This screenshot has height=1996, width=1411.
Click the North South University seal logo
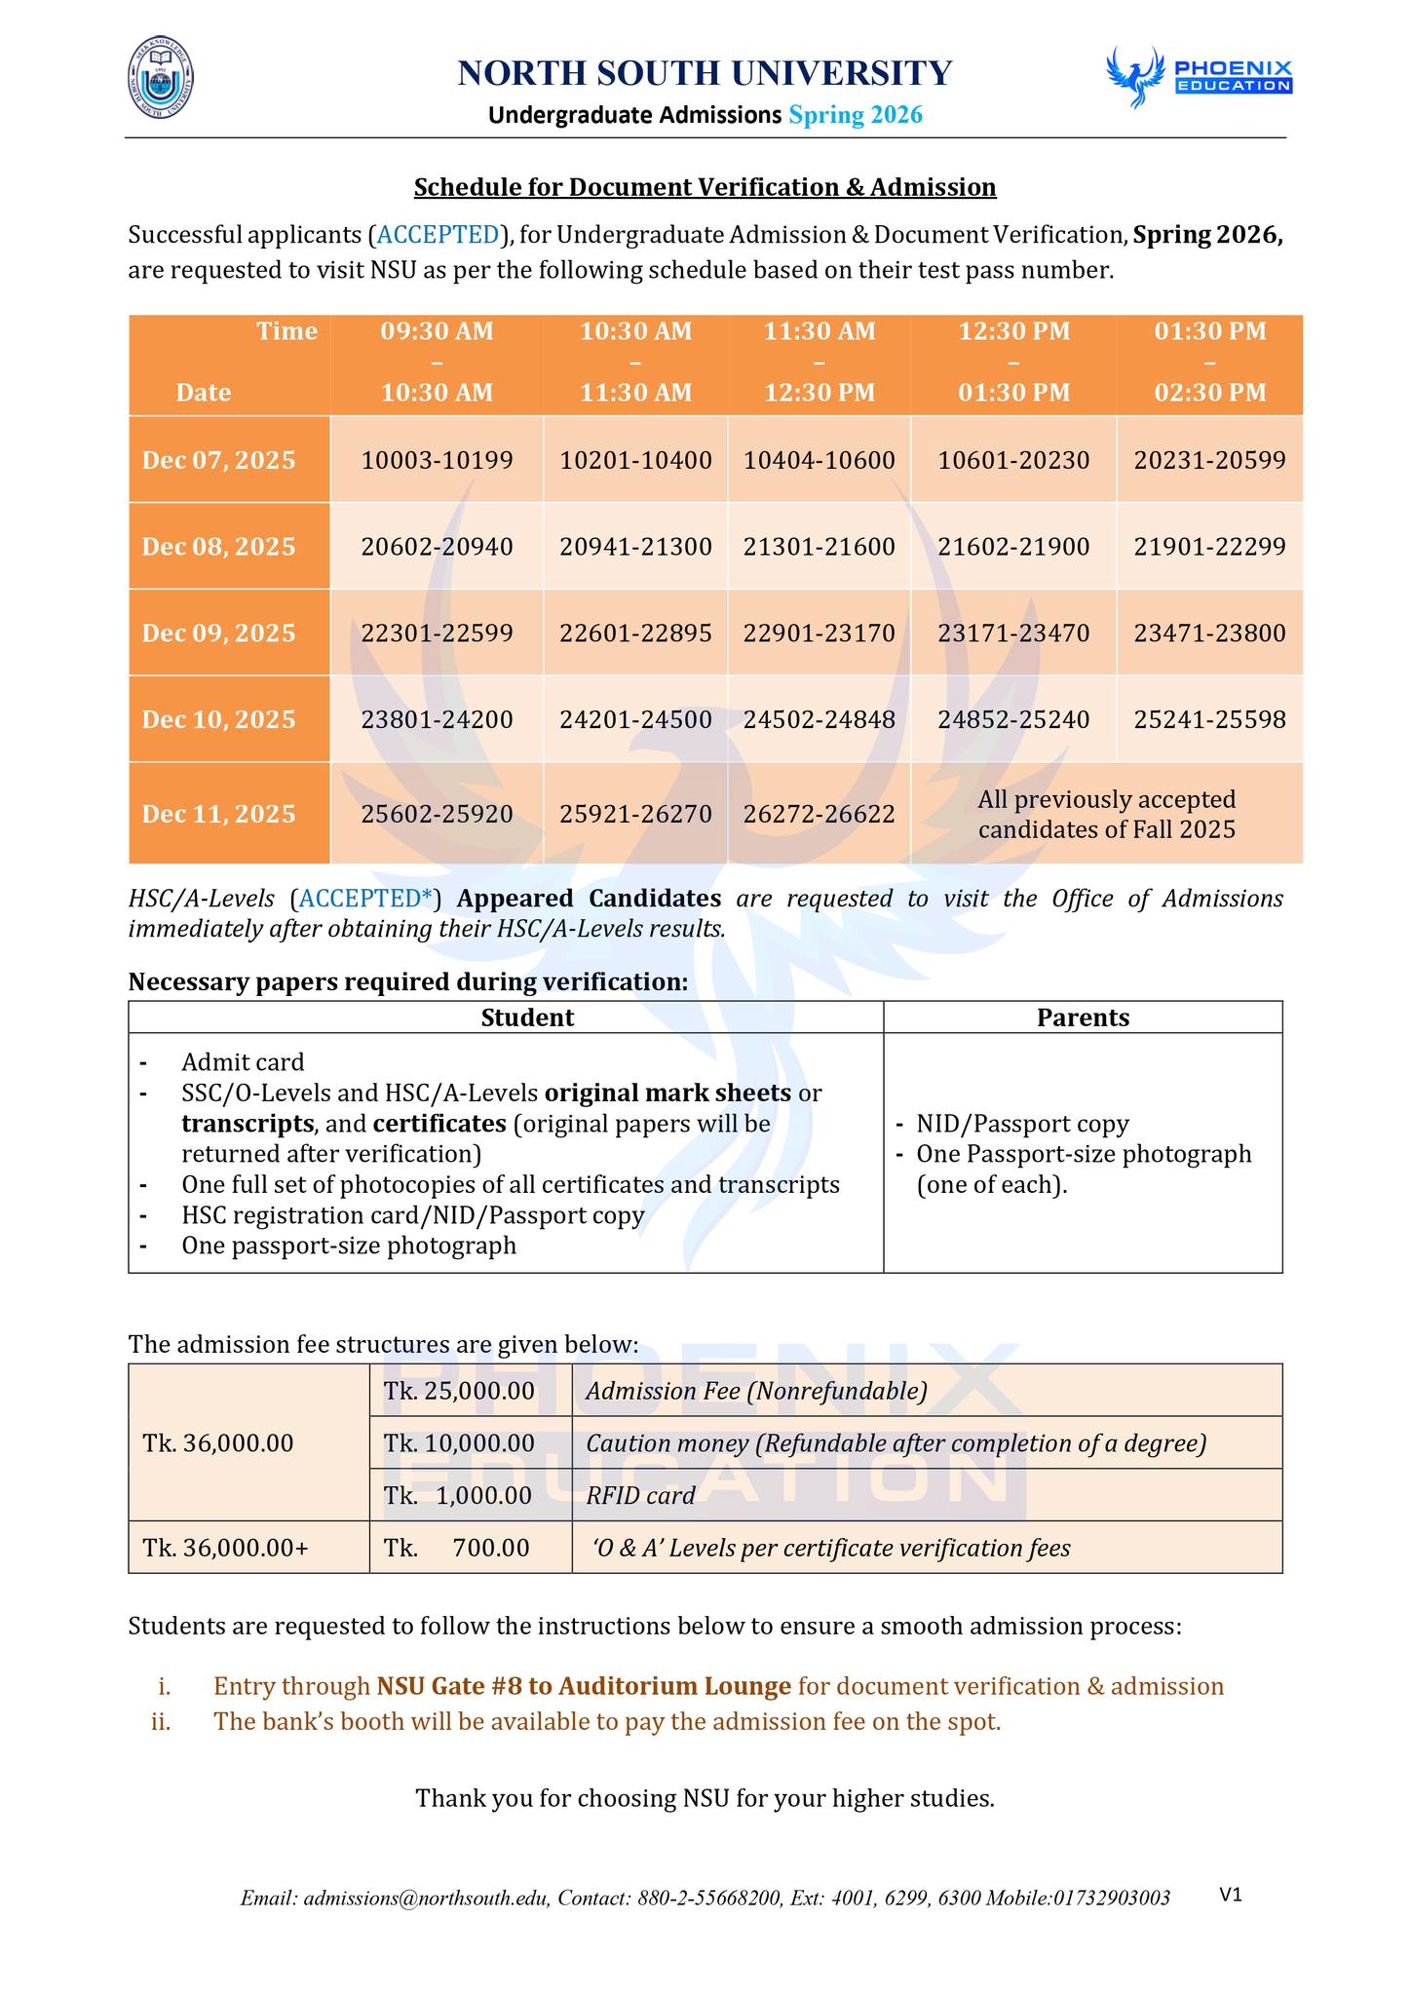(x=161, y=78)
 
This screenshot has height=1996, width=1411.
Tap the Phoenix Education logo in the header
(x=1199, y=76)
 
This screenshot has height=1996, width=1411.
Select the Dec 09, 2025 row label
(x=219, y=633)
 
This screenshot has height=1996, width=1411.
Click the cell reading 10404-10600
(x=820, y=460)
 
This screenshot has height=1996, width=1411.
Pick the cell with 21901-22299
(x=1209, y=547)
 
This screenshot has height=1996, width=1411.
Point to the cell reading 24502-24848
(x=820, y=720)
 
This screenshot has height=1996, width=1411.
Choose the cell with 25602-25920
(x=437, y=814)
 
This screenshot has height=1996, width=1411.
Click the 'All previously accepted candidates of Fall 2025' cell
(x=1106, y=814)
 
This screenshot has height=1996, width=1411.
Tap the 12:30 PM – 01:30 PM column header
(x=1013, y=362)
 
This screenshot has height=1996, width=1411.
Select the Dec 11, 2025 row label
(x=219, y=814)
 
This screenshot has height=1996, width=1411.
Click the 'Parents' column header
(x=1083, y=1017)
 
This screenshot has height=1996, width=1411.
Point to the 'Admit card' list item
(x=243, y=1061)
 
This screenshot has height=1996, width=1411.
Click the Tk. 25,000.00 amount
(x=459, y=1391)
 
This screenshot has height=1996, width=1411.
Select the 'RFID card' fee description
(x=640, y=1495)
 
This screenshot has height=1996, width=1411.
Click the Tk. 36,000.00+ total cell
(x=225, y=1548)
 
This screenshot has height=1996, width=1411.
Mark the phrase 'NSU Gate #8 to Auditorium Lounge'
(x=584, y=1686)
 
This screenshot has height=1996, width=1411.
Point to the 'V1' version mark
(x=1231, y=1894)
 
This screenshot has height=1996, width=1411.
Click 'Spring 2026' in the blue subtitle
(x=855, y=116)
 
